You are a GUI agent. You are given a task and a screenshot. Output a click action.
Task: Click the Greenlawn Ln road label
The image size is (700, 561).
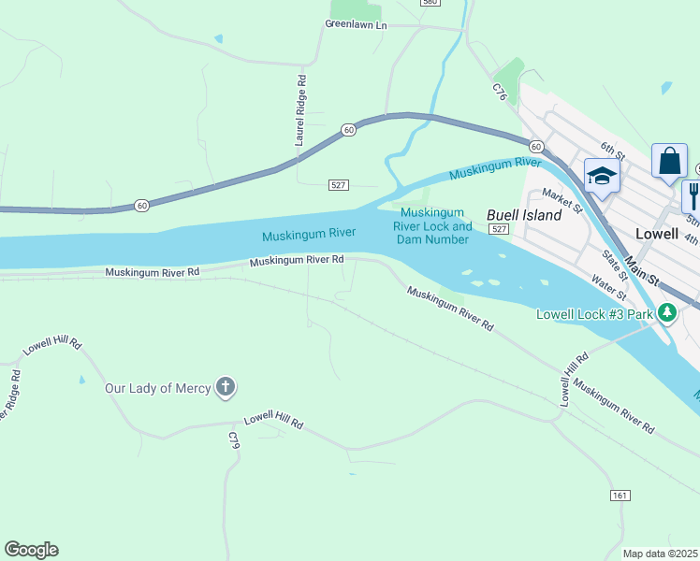point(356,24)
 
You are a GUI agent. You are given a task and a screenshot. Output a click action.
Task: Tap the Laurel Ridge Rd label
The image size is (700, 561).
point(301,111)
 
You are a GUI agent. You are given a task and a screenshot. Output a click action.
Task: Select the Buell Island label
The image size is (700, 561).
point(524,215)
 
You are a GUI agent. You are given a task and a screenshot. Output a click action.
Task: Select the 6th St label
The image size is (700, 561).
point(612,149)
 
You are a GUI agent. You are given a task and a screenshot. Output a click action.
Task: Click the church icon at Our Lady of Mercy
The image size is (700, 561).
point(225,387)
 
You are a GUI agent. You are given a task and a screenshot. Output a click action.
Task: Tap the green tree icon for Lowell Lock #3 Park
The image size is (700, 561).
point(666,313)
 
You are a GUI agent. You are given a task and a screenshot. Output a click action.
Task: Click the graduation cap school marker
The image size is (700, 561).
point(601,175)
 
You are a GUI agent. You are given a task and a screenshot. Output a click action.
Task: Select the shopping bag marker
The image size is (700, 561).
point(669,161)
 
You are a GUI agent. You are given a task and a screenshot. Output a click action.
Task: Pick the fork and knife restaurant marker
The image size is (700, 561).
point(693,194)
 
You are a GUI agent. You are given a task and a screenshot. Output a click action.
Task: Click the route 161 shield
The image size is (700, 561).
point(620,495)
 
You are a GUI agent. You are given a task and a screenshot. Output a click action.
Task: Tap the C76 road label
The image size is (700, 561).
point(500,92)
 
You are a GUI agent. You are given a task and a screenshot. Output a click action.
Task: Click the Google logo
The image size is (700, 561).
point(31,550)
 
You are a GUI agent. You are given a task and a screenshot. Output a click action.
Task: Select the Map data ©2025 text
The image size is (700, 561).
point(660,554)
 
